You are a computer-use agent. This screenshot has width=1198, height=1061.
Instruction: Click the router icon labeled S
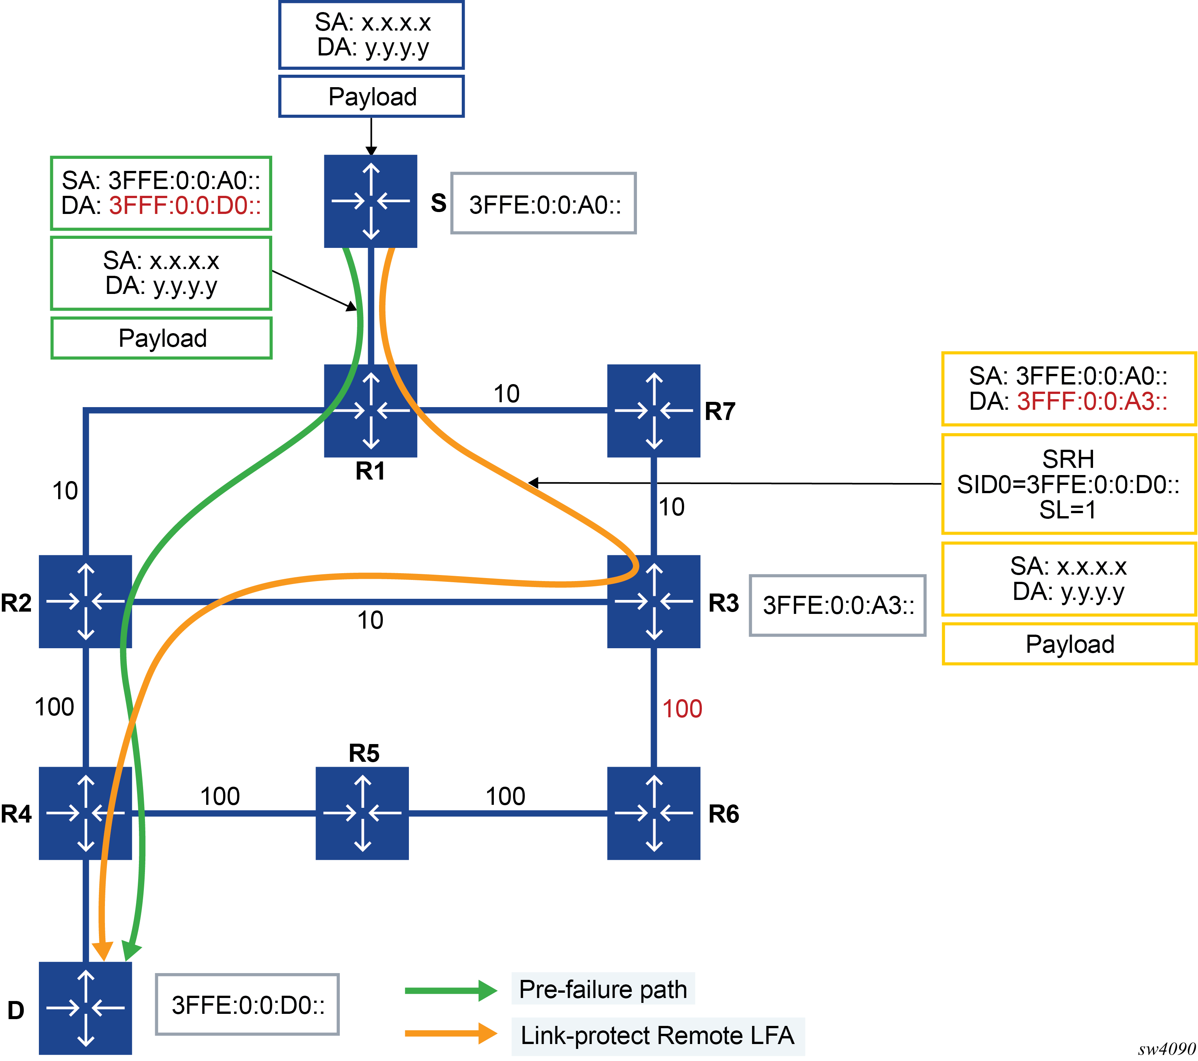pos(370,201)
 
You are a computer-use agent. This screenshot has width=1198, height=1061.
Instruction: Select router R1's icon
pos(370,410)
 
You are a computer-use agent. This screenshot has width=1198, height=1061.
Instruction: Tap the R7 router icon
pos(654,410)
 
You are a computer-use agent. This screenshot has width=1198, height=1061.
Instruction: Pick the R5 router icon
pos(362,813)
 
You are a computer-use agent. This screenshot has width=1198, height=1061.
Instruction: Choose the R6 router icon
pos(654,813)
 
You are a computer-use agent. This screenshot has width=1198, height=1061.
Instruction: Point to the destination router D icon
pos(86,1008)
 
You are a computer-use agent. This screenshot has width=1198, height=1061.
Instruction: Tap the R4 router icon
pos(86,813)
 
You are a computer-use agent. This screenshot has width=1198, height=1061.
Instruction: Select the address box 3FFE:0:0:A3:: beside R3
pos(837,605)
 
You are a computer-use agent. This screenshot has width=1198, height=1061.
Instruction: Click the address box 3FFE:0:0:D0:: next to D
pos(247,1005)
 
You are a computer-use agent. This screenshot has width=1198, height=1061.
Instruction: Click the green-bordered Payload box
pos(162,338)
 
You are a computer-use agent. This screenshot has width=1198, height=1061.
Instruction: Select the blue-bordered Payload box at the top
pos(372,97)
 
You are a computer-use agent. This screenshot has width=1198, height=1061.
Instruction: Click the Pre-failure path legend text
pos(603,990)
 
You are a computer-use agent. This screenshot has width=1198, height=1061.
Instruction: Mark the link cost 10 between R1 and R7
pos(506,394)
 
